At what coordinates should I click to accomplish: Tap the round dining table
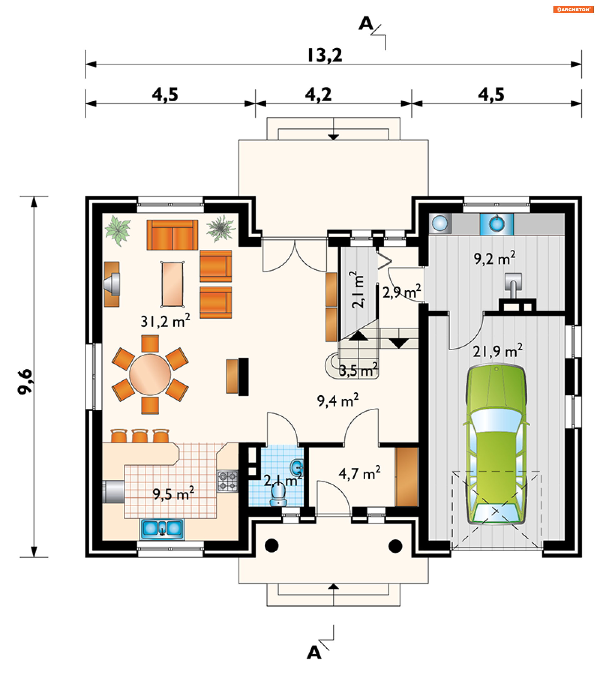(150, 374)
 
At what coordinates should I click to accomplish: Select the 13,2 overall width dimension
(325, 55)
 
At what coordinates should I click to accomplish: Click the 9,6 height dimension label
(25, 382)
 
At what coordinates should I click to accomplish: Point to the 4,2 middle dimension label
(318, 95)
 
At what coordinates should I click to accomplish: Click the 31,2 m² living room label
(165, 321)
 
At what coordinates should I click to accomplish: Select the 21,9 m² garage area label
(497, 351)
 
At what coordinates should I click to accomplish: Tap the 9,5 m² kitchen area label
(173, 494)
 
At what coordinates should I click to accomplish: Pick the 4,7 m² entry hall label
(359, 473)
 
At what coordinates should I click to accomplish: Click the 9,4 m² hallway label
(337, 401)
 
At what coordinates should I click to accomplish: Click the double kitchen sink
(162, 529)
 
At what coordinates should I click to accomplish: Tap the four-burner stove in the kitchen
(227, 481)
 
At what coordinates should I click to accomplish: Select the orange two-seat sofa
(172, 235)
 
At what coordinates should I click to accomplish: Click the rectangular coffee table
(172, 284)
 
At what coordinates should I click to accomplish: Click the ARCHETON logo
(573, 10)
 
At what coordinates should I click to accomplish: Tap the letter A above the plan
(366, 23)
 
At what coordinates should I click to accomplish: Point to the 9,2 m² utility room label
(494, 258)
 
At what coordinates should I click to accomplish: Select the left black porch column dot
(272, 546)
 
